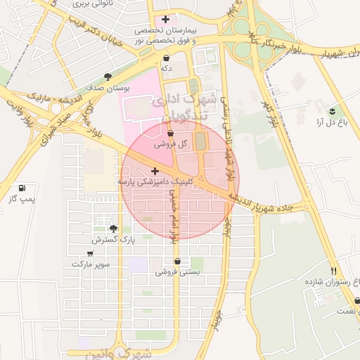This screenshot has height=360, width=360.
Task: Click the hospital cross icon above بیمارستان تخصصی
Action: [165, 19]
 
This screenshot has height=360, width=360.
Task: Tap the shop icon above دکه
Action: [166, 57]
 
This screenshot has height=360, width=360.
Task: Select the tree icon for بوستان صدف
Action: [108, 77]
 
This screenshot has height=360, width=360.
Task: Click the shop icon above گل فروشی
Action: [172, 132]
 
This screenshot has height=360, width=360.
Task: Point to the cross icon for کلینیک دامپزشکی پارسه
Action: [155, 170]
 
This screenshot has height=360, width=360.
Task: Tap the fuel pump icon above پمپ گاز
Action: [23, 188]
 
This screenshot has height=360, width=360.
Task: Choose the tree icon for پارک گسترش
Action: [114, 228]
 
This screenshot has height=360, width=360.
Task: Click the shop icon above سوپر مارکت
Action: [90, 253]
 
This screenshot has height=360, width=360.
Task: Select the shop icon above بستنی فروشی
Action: [176, 261]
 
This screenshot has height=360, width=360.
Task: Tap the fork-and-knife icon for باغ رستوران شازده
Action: [334, 271]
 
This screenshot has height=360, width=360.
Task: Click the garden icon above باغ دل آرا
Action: [331, 110]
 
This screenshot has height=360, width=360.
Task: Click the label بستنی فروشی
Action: [177, 271]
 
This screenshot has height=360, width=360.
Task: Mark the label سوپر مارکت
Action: [90, 264]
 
